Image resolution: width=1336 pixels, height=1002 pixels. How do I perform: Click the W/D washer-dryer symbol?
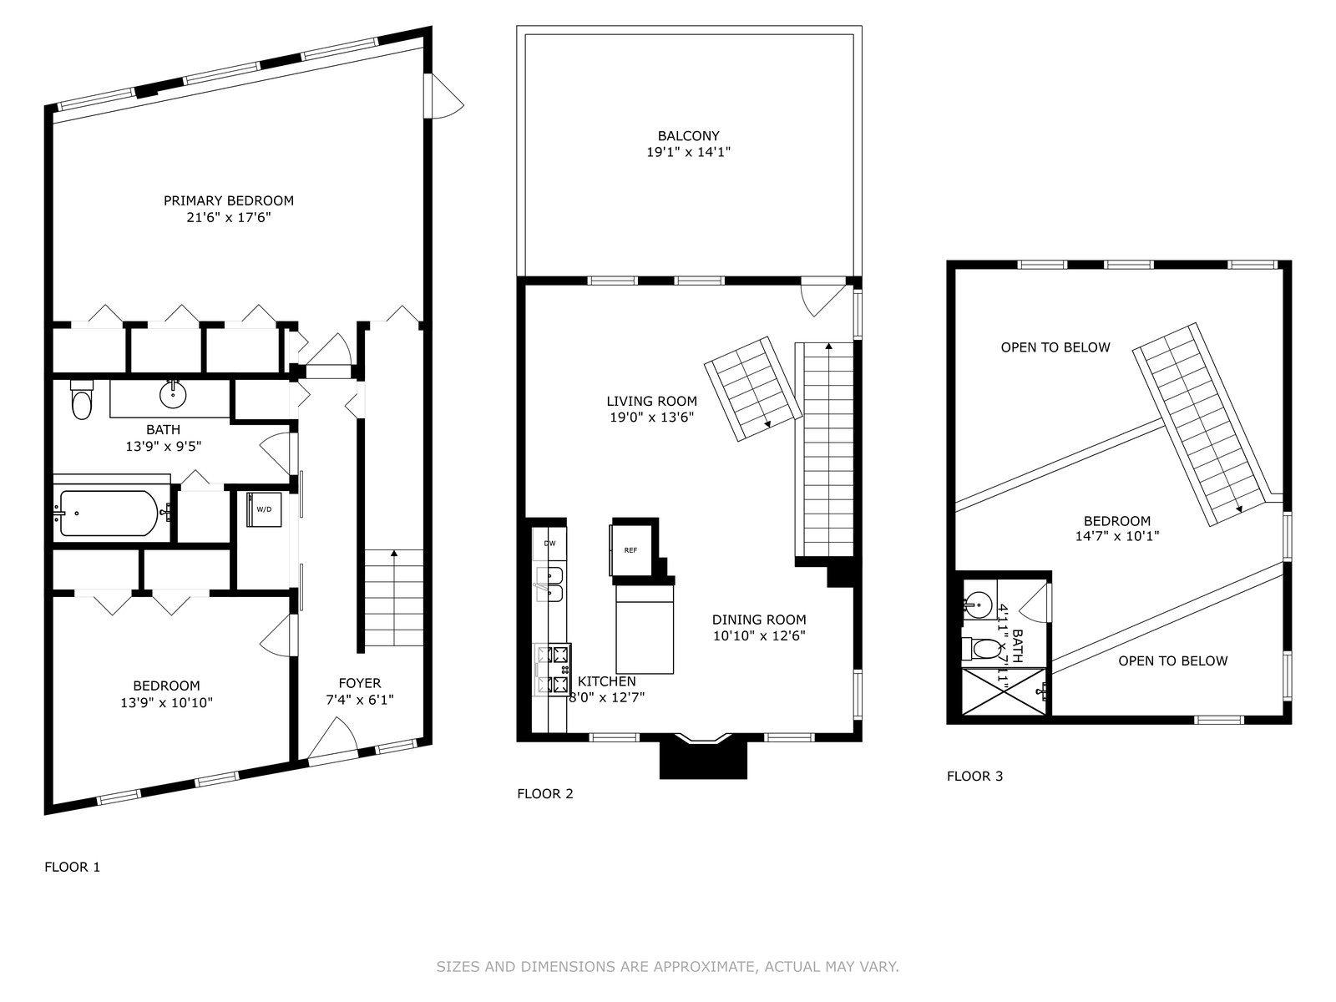pyautogui.click(x=264, y=509)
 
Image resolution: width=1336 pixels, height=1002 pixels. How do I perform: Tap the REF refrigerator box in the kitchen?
pyautogui.click(x=630, y=550)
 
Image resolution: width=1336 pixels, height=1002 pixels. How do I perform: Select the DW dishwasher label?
pyautogui.click(x=549, y=544)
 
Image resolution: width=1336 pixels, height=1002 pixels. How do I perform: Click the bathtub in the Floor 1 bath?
pyautogui.click(x=109, y=514)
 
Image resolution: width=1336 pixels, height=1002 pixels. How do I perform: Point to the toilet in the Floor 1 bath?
pyautogui.click(x=81, y=399)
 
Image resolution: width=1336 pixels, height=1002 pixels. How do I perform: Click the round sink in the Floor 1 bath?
pyautogui.click(x=173, y=394)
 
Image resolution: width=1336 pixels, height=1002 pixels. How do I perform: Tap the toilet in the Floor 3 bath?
pyautogui.click(x=980, y=649)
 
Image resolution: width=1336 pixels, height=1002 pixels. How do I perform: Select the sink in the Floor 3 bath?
pyautogui.click(x=978, y=605)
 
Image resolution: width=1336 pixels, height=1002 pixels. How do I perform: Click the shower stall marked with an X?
pyautogui.click(x=1004, y=691)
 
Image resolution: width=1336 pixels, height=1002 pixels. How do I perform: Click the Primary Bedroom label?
pyautogui.click(x=228, y=200)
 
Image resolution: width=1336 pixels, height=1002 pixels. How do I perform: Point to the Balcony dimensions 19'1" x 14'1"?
pyautogui.click(x=688, y=152)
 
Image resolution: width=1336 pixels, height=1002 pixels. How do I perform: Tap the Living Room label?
pyautogui.click(x=651, y=401)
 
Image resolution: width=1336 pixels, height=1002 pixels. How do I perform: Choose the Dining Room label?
pyautogui.click(x=759, y=620)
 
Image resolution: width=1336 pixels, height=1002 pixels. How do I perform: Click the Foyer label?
pyautogui.click(x=360, y=682)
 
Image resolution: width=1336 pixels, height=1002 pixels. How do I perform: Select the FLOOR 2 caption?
pyautogui.click(x=544, y=793)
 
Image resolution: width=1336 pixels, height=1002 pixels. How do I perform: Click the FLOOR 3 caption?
pyautogui.click(x=974, y=776)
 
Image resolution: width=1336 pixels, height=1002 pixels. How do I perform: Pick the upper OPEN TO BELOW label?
pyautogui.click(x=1055, y=347)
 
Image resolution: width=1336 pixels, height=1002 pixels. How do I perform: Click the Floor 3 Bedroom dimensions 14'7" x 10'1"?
pyautogui.click(x=1117, y=536)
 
